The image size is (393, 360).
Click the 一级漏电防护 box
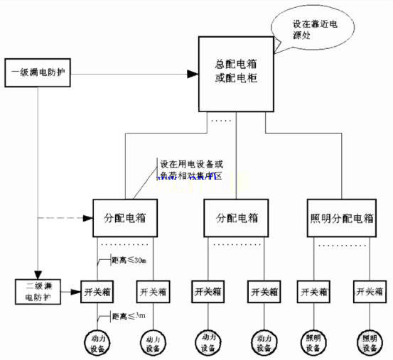[x=39, y=74]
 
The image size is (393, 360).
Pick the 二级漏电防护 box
[x=39, y=292]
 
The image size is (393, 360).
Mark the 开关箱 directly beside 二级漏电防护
[x=98, y=291]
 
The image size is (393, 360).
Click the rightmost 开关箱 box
[x=369, y=291]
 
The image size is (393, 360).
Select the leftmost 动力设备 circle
[x=98, y=343]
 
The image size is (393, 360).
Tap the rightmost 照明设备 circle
[x=369, y=343]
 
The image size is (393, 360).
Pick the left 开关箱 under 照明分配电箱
[x=313, y=291]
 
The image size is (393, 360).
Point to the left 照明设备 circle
[x=313, y=343]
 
